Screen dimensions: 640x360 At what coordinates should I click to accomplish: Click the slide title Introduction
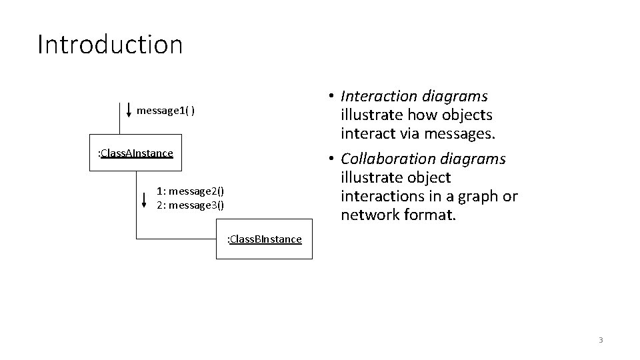click(x=110, y=45)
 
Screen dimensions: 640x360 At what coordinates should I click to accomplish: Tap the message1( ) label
click(x=165, y=110)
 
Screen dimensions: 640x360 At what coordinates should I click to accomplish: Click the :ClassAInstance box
click(x=135, y=153)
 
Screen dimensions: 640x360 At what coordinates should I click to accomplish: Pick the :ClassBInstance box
click(x=265, y=239)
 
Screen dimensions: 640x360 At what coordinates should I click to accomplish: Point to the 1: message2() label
click(x=191, y=192)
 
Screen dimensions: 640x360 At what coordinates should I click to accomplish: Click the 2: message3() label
click(x=191, y=205)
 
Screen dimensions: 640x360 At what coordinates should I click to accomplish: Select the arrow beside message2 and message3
click(x=145, y=199)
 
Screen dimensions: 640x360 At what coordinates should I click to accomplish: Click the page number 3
click(x=600, y=340)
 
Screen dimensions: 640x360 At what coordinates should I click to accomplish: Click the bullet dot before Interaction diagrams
click(x=331, y=97)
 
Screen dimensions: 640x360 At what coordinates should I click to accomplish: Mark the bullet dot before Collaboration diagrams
click(x=331, y=159)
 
